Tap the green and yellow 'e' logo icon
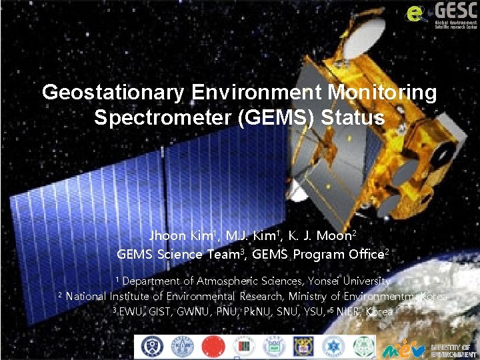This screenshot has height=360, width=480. point(415,13)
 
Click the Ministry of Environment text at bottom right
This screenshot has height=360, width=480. point(453,350)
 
